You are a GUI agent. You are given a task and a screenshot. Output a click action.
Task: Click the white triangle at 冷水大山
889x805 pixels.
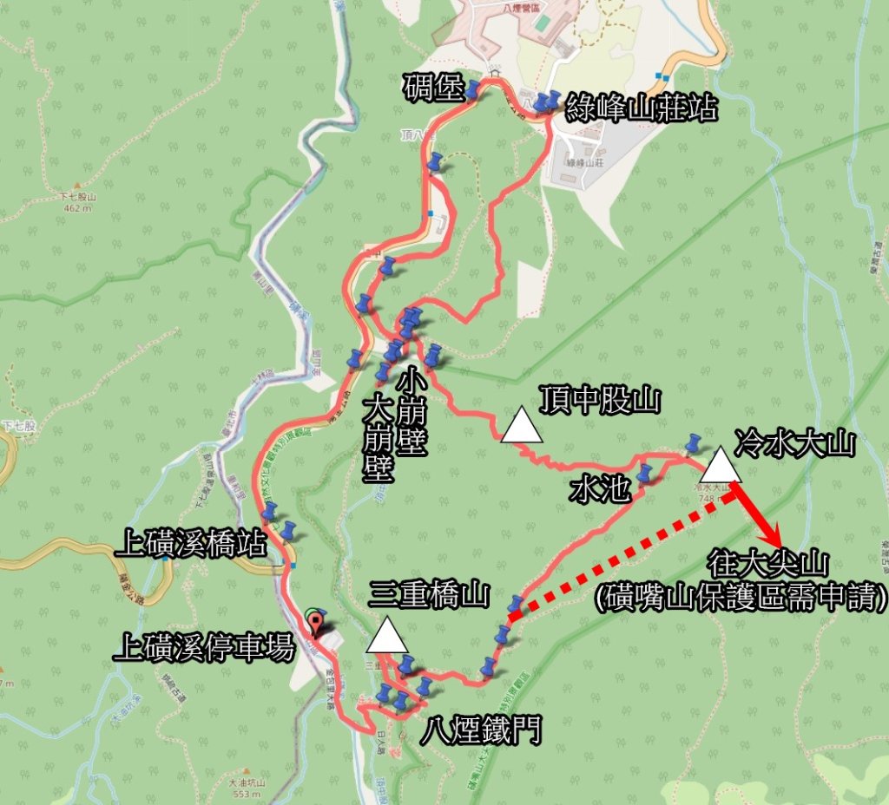(721, 465)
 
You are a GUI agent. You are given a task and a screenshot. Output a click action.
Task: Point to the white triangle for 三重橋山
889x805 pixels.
(387, 635)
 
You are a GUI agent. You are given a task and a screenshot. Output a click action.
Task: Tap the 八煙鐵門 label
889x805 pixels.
(480, 730)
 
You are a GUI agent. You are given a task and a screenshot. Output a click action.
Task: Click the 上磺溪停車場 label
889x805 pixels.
(205, 648)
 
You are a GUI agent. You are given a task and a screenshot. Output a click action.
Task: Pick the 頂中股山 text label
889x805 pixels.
(599, 401)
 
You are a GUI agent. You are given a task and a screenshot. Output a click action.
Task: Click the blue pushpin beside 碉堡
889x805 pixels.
(472, 89)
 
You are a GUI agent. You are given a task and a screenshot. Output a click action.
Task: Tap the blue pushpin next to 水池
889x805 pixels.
(644, 474)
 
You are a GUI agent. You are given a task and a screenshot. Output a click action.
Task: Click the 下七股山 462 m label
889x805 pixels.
(77, 202)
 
